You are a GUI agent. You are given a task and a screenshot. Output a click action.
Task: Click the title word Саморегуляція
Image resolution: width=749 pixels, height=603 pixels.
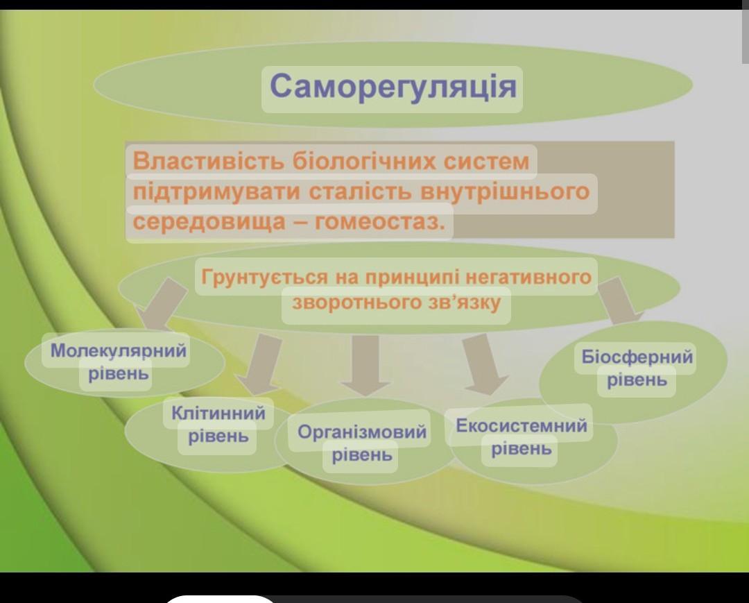tap(393, 87)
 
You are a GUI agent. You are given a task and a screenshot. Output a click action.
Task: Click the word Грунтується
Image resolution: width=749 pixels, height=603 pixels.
tap(265, 277)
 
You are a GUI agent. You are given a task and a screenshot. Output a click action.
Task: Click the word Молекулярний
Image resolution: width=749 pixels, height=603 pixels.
tap(119, 350)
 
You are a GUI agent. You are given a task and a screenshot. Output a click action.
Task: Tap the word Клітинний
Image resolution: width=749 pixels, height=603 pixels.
tap(218, 413)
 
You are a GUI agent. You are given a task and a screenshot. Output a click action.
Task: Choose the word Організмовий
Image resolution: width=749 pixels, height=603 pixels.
tap(361, 432)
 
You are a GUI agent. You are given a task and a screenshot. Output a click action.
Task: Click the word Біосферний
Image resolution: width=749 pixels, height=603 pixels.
tap(637, 357)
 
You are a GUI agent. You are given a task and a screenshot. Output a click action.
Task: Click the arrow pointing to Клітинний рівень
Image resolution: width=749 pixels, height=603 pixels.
tap(261, 363)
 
